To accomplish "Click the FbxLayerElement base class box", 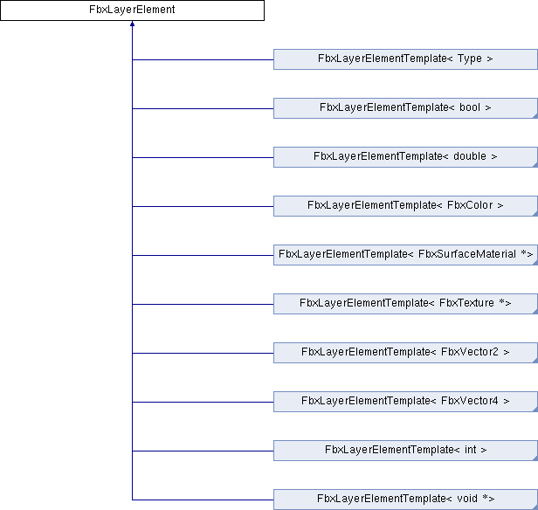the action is click(132, 10).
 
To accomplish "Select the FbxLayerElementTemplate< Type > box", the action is click(405, 59).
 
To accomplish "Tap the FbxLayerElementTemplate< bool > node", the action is click(405, 108).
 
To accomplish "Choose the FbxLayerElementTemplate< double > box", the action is click(405, 157).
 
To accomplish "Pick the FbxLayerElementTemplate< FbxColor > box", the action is click(405, 206).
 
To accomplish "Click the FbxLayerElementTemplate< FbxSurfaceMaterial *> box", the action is click(405, 255).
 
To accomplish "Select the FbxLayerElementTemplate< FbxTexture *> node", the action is click(405, 304).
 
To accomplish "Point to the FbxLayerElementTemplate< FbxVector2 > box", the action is click(405, 353).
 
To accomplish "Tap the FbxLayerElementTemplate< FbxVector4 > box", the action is click(405, 402).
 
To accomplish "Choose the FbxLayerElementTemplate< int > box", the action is click(405, 451).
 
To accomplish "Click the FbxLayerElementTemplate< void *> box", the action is click(405, 500).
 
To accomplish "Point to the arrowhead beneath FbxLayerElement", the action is click(132, 24).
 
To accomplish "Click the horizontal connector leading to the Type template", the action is click(203, 59).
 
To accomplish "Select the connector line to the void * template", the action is click(203, 500).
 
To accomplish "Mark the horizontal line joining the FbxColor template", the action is click(203, 206).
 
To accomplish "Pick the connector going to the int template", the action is click(203, 451).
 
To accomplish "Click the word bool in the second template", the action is click(470, 107).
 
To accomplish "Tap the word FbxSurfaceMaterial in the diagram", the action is click(467, 254).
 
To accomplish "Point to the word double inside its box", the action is click(470, 156).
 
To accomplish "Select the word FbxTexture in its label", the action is click(466, 303).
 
